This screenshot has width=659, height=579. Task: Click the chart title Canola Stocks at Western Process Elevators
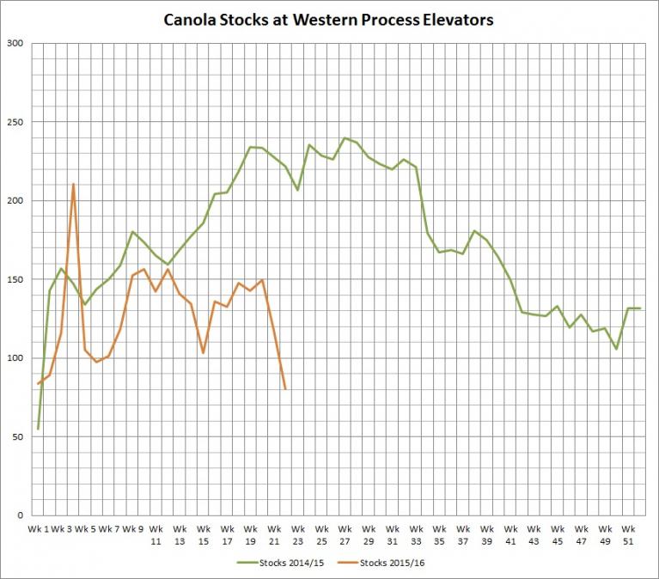tap(329, 19)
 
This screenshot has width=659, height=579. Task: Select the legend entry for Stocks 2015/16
tap(379, 563)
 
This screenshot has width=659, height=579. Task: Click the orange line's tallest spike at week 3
tap(73, 184)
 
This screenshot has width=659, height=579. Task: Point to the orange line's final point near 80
tap(285, 389)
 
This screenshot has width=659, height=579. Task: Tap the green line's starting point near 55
tap(38, 428)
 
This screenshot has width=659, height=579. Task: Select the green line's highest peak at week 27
tap(345, 138)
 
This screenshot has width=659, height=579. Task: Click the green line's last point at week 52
tap(640, 308)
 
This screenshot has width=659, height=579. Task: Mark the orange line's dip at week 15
tap(203, 353)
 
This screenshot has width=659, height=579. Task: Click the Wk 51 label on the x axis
tap(628, 534)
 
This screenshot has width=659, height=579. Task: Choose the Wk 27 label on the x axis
tap(345, 534)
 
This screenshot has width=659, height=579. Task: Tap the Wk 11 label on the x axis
tap(156, 534)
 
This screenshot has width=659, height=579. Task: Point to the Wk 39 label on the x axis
tap(486, 534)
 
